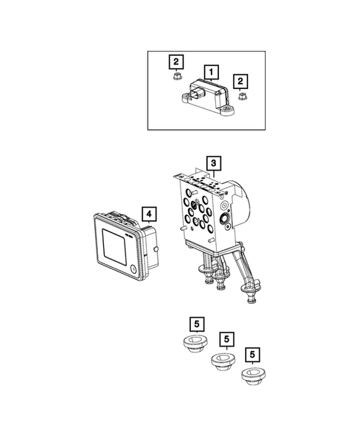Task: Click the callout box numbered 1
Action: point(212,73)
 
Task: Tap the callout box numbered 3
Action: point(214,163)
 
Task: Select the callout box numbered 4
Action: point(149,214)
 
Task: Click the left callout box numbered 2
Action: point(176,62)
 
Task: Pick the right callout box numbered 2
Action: point(240,82)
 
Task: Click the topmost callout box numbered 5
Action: point(197,324)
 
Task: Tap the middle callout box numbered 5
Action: point(226,339)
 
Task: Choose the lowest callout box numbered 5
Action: point(252,355)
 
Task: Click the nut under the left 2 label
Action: point(176,76)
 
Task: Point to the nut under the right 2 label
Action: point(241,97)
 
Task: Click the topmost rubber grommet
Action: point(195,344)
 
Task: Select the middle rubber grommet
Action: point(223,361)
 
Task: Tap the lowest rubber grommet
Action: point(253,376)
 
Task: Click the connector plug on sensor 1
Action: point(195,93)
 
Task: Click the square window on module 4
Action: point(114,247)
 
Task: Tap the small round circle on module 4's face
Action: point(134,269)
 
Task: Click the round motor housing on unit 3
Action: point(241,202)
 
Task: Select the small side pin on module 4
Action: point(156,249)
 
